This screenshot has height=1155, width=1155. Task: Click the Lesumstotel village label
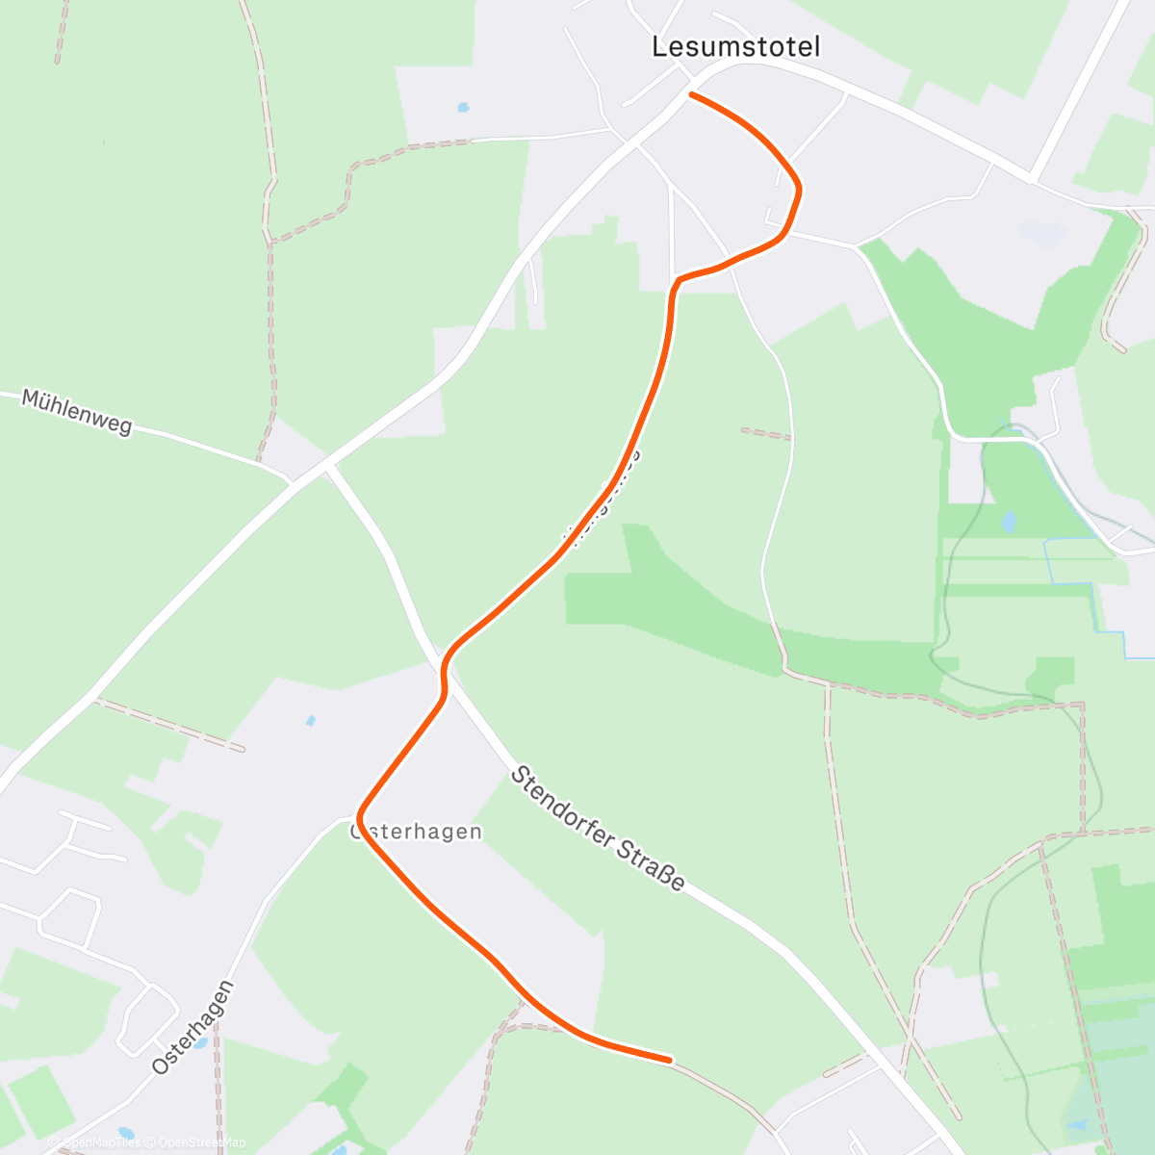[x=736, y=46]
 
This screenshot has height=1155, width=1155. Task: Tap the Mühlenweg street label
[x=76, y=412]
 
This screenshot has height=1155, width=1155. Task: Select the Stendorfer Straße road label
[x=598, y=828]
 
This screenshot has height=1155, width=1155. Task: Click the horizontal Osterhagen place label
[x=417, y=832]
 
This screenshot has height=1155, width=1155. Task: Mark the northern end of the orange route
[x=691, y=94]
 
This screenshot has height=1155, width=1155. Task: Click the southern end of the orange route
[x=669, y=1060]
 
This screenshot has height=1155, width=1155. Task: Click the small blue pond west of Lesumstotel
[x=463, y=107]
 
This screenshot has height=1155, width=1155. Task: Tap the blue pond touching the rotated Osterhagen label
[x=200, y=1042]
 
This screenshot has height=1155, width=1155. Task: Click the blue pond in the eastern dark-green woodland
[x=1008, y=523]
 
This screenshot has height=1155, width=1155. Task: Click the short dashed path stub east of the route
[x=765, y=433]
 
